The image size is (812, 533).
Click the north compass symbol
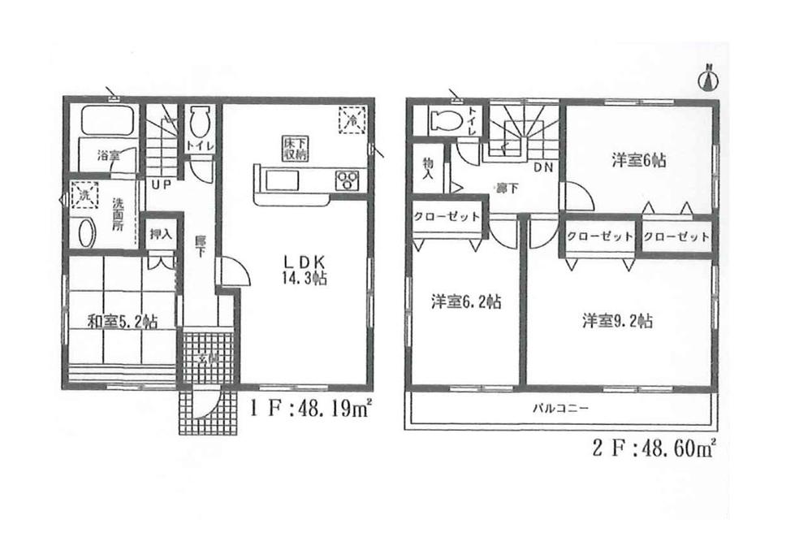coord(708,79)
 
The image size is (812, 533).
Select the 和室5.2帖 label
coord(122,321)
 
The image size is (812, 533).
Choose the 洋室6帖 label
coord(638,161)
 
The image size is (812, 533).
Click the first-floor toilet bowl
coord(200,126)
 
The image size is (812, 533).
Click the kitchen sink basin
coord(283,180)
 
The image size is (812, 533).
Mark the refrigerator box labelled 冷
coord(352,120)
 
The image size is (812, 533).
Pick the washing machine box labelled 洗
coord(81,196)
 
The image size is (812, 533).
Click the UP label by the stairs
coord(159,184)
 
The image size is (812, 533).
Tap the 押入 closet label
coord(160,235)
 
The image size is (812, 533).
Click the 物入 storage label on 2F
coord(427,170)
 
